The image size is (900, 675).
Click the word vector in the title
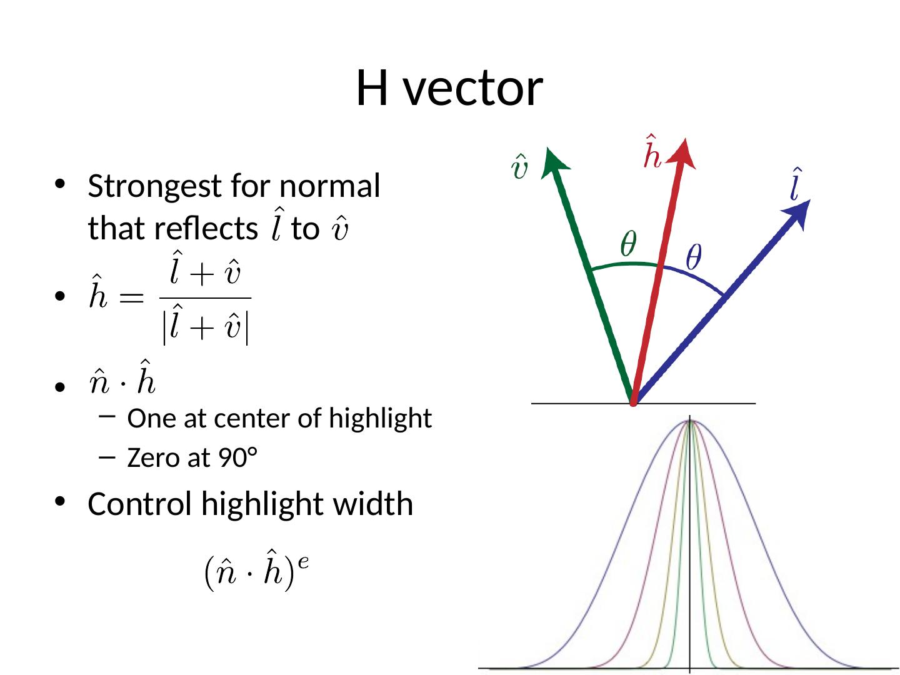coord(473,88)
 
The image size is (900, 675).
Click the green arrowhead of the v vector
coord(555,160)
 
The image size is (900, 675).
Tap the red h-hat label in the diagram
coord(652,152)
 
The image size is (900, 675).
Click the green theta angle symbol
coord(628,244)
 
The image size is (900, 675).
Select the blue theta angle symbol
coord(694,257)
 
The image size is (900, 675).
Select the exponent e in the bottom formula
coord(303,561)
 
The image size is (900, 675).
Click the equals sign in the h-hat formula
coord(131,298)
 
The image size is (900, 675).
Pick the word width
coord(382,504)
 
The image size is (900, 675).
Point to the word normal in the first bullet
coord(329,187)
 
